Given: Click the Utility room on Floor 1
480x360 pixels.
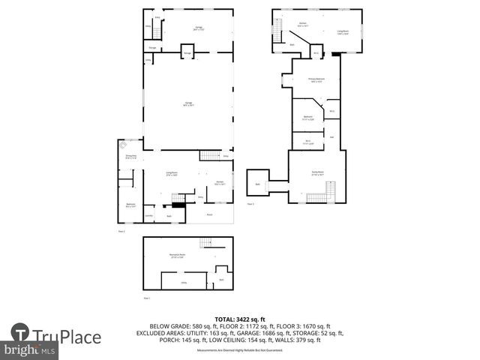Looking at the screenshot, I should (183, 283).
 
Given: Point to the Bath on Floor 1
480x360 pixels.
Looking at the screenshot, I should (221, 280).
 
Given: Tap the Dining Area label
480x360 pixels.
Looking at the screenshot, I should (130, 157).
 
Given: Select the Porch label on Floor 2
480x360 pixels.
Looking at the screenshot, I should (209, 214).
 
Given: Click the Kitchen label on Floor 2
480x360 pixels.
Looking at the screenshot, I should (220, 183).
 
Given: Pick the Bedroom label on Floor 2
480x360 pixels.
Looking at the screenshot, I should (130, 205).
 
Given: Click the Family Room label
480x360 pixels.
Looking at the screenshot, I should (317, 172).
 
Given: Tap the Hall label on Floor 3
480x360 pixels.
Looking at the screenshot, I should (331, 137).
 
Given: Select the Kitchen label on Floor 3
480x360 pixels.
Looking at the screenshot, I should (303, 24).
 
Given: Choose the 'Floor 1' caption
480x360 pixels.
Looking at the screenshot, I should (147, 298).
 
